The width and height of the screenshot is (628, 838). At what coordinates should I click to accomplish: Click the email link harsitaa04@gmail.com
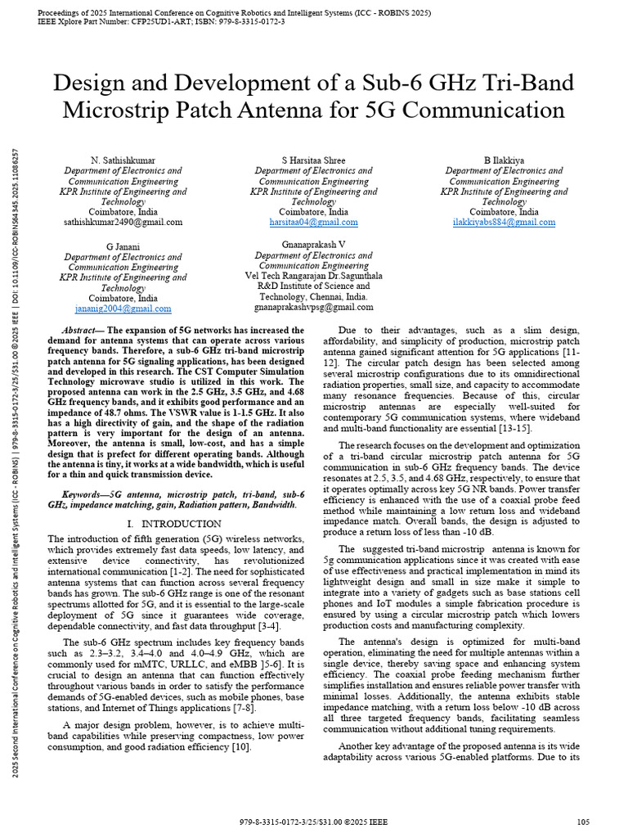(x=313, y=223)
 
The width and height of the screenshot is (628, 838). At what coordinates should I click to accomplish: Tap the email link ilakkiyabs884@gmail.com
(x=504, y=223)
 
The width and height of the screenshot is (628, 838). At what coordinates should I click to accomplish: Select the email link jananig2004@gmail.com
(x=123, y=309)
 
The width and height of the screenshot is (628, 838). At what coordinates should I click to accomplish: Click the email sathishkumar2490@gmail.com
(x=123, y=223)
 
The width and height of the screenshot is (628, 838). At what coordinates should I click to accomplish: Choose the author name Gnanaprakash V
(x=313, y=245)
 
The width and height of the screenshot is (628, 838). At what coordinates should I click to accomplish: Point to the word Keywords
(x=85, y=494)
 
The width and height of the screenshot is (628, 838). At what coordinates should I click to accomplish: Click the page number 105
(x=583, y=821)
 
